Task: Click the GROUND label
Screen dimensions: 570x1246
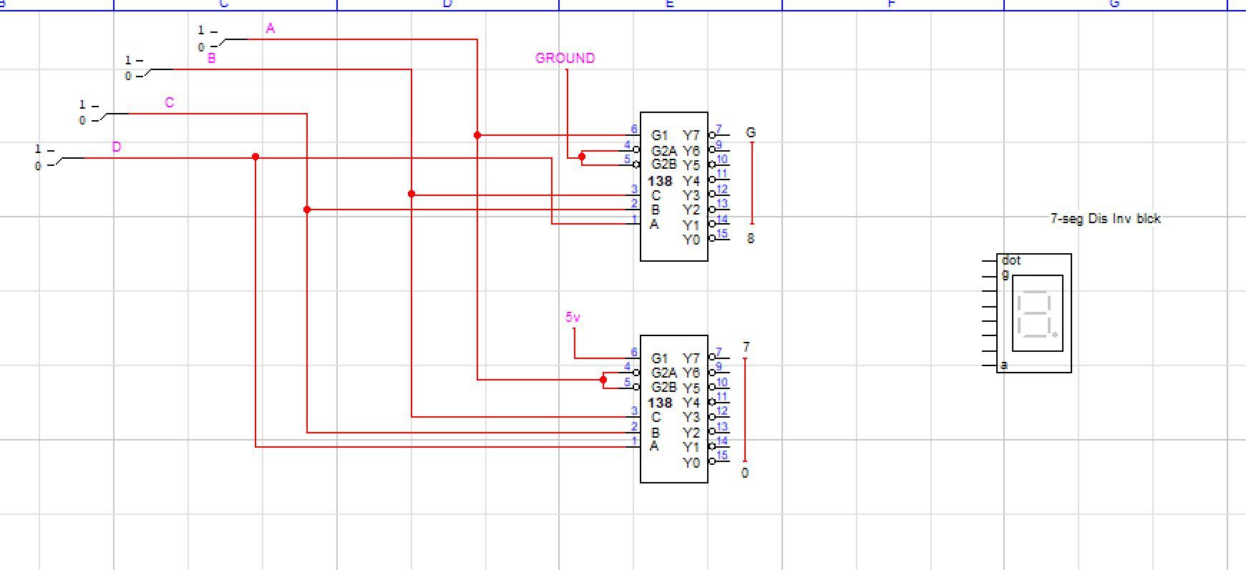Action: (x=565, y=58)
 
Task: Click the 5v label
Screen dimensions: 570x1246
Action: (x=573, y=317)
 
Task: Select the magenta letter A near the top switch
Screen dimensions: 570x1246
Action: (x=270, y=29)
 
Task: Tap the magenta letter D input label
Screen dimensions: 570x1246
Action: (x=117, y=147)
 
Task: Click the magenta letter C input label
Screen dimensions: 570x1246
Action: (x=169, y=102)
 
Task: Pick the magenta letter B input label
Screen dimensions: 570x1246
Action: (x=211, y=59)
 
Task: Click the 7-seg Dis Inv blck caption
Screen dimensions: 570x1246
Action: (x=1105, y=219)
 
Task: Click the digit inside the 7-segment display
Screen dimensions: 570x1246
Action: (x=1036, y=313)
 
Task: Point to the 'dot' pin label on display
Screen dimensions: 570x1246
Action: (x=1011, y=260)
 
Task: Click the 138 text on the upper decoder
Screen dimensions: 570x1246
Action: (x=660, y=181)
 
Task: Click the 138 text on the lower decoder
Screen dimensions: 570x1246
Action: (x=660, y=403)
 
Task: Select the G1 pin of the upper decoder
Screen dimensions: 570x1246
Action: (x=659, y=135)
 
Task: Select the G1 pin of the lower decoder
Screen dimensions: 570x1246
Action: (x=659, y=358)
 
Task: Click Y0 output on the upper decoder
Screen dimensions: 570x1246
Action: (x=691, y=240)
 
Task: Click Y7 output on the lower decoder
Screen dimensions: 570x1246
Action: (x=691, y=358)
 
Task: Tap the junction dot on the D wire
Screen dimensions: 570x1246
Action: (x=255, y=157)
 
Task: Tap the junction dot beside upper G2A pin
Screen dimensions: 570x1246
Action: (x=582, y=157)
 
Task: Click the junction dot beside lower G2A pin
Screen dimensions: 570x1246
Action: (x=603, y=380)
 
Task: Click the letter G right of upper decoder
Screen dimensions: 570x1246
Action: (x=750, y=132)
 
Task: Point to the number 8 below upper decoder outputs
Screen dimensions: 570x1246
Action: (x=750, y=239)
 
